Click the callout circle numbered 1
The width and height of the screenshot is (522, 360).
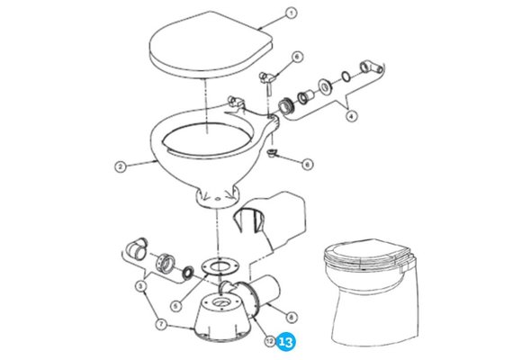coord(291,13)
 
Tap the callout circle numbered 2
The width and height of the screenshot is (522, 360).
coord(121,166)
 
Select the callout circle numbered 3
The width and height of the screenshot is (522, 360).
coord(140,285)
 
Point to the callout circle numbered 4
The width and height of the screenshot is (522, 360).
coord(351,116)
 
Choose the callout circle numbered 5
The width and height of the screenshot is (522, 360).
coord(176,305)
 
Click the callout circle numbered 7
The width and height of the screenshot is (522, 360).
coord(161,324)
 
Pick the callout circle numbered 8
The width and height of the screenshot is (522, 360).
coord(292,317)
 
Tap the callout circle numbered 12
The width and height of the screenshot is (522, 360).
coord(270,341)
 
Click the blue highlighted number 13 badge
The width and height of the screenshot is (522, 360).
coord(285,342)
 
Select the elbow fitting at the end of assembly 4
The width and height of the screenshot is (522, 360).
coord(371,67)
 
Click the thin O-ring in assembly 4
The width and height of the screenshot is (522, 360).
coord(346,76)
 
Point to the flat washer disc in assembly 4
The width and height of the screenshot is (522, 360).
coord(325,86)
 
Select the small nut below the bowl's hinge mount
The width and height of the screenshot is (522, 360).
coord(272,153)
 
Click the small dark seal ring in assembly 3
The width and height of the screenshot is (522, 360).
coord(188,272)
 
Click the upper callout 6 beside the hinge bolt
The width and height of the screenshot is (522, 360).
coord(297,57)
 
